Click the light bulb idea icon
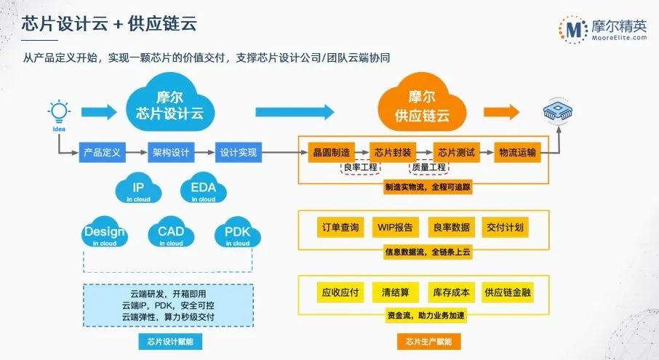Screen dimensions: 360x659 click(58, 112)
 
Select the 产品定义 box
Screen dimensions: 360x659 click(103, 153)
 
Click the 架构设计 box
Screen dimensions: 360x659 click(170, 153)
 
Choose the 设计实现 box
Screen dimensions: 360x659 click(237, 153)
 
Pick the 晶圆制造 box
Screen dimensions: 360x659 click(330, 153)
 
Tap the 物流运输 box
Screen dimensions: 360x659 click(517, 153)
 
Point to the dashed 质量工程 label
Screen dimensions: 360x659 click(428, 168)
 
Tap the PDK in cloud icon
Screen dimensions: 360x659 click(237, 235)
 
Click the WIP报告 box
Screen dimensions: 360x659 click(395, 228)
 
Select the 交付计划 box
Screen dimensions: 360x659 click(507, 228)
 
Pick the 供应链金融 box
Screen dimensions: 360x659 click(507, 292)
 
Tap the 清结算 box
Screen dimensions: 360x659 click(395, 292)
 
